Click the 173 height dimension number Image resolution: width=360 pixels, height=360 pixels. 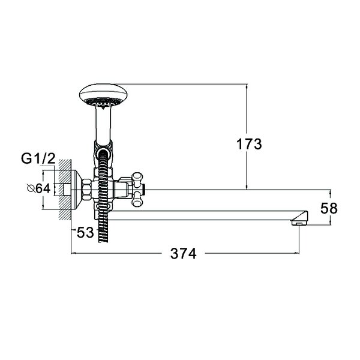pos(249,144)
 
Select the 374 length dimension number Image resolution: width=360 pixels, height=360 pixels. pos(184,253)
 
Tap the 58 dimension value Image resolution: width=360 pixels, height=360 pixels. pos(329,208)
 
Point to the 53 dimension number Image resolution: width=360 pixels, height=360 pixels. pos(85,232)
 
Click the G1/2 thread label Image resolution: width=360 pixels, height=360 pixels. pos(38,158)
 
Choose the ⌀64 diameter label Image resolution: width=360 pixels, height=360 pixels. pos(38,189)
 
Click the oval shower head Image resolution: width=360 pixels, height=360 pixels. pos(103,96)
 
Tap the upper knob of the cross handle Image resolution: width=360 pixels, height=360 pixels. pos(138,179)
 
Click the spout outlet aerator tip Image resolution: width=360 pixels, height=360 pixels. pos(299,223)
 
